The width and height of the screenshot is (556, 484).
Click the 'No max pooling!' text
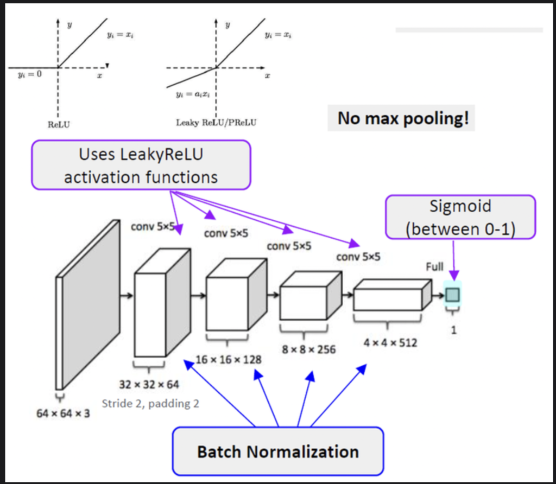coord(402,118)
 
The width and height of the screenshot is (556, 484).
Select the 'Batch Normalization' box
coord(277,451)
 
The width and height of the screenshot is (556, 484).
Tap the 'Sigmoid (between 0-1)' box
coord(460,217)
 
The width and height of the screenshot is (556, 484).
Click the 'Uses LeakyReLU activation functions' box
coord(141,165)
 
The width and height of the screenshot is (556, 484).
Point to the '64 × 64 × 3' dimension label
coord(63,414)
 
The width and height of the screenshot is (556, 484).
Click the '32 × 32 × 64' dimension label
coord(150,385)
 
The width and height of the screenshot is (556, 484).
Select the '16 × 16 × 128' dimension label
coord(228,360)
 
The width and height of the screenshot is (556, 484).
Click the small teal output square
coord(453,295)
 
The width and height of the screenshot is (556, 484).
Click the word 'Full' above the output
coord(434,266)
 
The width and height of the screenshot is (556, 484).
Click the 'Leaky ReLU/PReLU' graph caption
coord(216,123)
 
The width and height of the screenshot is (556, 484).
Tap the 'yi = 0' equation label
coord(28,74)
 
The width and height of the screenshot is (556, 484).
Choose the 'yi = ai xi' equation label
coord(192,94)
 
